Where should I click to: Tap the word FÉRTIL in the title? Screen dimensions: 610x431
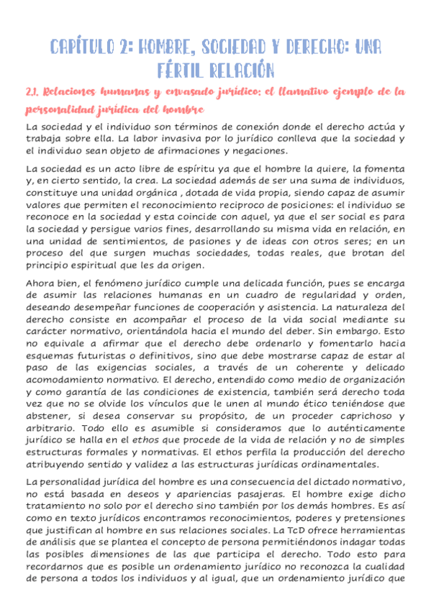(x=181, y=70)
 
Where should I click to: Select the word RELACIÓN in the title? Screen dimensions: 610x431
(x=242, y=70)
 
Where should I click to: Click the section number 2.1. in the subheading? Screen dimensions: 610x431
(x=34, y=92)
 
